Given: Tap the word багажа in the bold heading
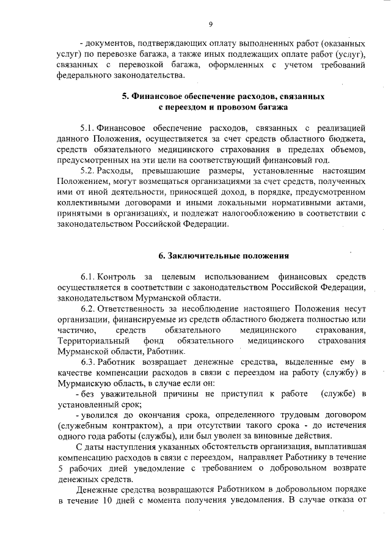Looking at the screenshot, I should (250, 107).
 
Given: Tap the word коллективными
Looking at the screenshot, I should (89, 202).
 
